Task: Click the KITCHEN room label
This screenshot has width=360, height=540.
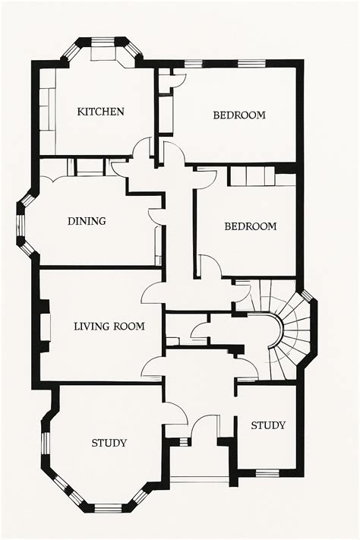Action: [100, 112]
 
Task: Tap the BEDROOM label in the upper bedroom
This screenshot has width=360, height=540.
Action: [238, 115]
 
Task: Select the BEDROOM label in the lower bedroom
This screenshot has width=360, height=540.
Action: [250, 226]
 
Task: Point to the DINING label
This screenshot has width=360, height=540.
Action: [87, 222]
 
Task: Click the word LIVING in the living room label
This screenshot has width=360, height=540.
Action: [92, 327]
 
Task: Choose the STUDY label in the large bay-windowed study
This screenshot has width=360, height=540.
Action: [109, 443]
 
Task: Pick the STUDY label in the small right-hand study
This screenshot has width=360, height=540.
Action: [268, 425]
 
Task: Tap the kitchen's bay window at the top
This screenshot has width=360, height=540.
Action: [103, 42]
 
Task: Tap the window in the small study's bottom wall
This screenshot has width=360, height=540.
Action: [267, 473]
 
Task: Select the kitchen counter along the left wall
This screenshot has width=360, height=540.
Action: [47, 110]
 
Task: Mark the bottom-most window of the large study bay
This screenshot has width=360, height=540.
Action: [107, 507]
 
